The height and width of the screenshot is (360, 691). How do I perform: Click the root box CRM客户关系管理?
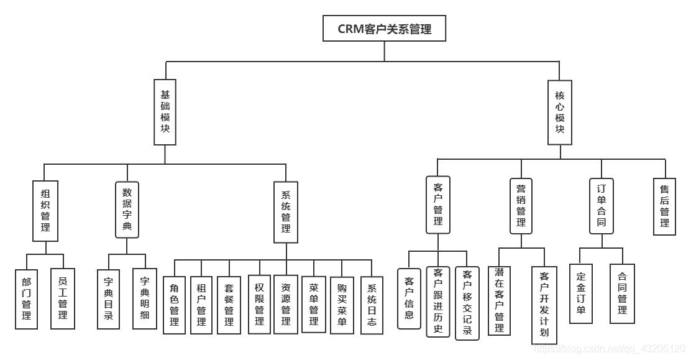point(384,29)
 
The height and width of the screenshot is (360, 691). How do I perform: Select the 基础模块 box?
point(165,112)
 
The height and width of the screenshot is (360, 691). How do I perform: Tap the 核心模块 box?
point(559,112)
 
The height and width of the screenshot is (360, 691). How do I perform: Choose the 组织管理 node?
point(45,211)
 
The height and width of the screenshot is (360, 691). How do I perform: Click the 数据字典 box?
point(127,210)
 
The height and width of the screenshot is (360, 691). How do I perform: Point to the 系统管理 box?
point(286,211)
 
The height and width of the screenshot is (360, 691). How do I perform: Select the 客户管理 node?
point(438,205)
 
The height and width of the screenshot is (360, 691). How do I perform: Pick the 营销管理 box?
point(521,205)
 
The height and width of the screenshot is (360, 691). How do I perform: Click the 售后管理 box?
point(665,206)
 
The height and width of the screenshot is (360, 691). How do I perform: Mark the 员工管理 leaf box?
point(62,299)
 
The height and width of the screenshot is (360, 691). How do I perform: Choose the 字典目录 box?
point(109,299)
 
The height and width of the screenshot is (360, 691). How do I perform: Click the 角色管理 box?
point(174,305)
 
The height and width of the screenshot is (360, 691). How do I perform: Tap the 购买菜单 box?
point(342,305)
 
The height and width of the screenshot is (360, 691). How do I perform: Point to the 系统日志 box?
point(372,305)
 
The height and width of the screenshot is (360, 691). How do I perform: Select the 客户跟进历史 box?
point(438,302)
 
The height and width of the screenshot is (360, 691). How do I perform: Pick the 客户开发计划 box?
point(544,305)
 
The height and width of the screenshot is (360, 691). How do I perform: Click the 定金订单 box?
point(581,293)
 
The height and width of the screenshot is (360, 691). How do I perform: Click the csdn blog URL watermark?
point(609,350)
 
